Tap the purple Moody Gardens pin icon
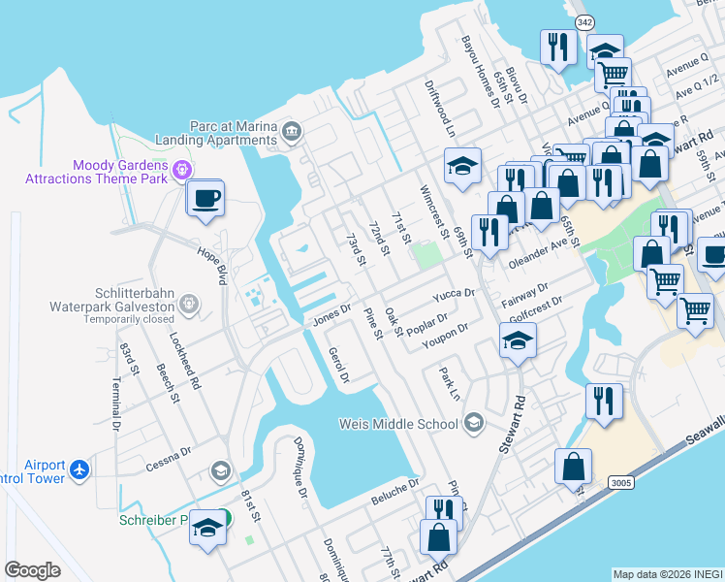tap(179, 171)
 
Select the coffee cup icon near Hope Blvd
tap(205, 200)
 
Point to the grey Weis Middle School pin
tap(473, 422)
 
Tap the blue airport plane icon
tap(79, 470)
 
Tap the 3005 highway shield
tap(621, 482)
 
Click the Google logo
tap(32, 570)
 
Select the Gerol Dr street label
tap(338, 364)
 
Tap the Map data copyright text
tap(667, 573)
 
